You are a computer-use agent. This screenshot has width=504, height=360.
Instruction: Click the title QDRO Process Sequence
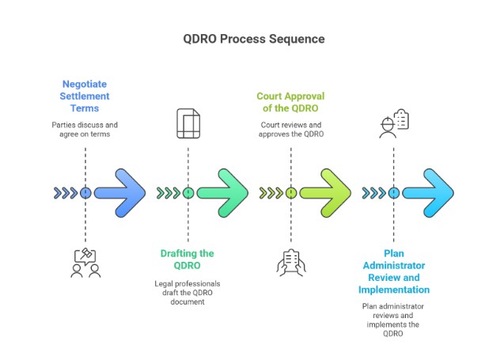point(252,39)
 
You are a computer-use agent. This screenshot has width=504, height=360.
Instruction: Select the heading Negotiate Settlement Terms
point(85,96)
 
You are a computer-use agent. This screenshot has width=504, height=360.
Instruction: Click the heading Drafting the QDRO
point(188,260)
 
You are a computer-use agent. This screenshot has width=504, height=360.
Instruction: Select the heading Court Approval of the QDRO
point(290,102)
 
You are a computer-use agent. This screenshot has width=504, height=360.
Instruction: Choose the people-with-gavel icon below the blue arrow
point(85,263)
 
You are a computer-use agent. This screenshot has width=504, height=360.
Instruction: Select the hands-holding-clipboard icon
point(290,261)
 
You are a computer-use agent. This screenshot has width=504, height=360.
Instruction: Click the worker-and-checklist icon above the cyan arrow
point(393,124)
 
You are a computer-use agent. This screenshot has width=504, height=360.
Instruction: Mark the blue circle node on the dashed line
point(85,192)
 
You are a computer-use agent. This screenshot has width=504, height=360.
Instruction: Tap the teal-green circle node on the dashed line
point(188,192)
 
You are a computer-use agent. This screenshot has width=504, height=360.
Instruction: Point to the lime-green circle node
point(291,192)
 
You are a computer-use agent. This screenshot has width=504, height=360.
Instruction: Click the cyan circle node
point(393,192)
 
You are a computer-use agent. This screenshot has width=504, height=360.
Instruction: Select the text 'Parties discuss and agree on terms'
point(85,129)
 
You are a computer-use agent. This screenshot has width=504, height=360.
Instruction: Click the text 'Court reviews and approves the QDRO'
point(290,129)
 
